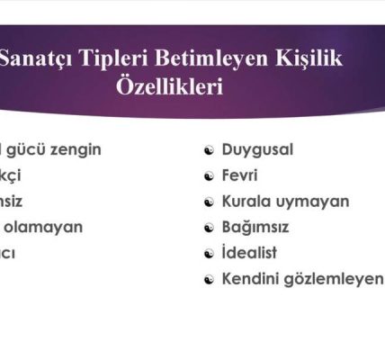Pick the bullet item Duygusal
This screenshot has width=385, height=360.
tap(257, 148)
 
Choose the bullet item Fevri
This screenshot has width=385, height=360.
tap(240, 175)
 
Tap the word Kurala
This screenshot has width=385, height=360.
tap(247, 201)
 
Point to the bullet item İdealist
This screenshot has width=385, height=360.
tap(249, 253)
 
